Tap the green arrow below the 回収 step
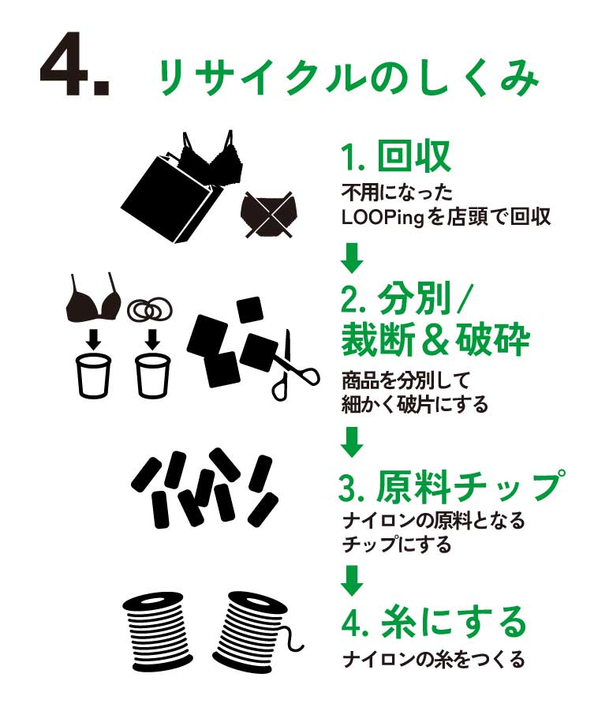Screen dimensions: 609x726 pos(352,258)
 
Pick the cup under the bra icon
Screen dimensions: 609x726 pos(94,375)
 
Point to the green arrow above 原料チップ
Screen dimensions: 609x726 pos(352,442)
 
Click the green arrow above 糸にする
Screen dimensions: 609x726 pos(352,580)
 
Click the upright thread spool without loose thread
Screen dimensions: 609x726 pos(159,631)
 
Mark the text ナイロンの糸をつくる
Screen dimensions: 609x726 pos(434,660)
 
